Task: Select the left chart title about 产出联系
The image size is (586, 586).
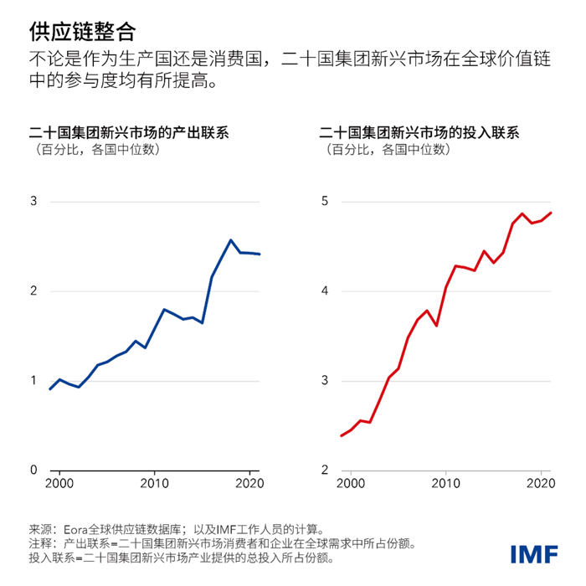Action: coord(129,133)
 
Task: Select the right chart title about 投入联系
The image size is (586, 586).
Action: coord(419,133)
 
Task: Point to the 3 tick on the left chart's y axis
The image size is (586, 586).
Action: coord(33,202)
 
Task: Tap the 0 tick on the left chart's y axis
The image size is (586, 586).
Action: coord(33,470)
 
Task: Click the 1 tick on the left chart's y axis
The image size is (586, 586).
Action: coord(33,381)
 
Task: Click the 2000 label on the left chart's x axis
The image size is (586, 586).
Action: coord(60,485)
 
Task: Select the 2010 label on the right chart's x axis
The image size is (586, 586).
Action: coord(445,485)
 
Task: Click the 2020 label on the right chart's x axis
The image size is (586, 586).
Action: coord(540,485)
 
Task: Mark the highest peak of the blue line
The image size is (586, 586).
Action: coord(231,240)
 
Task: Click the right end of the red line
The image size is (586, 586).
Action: coord(551,213)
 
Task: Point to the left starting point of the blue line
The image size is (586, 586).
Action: coord(50,389)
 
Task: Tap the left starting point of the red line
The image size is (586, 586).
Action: coord(341,435)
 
